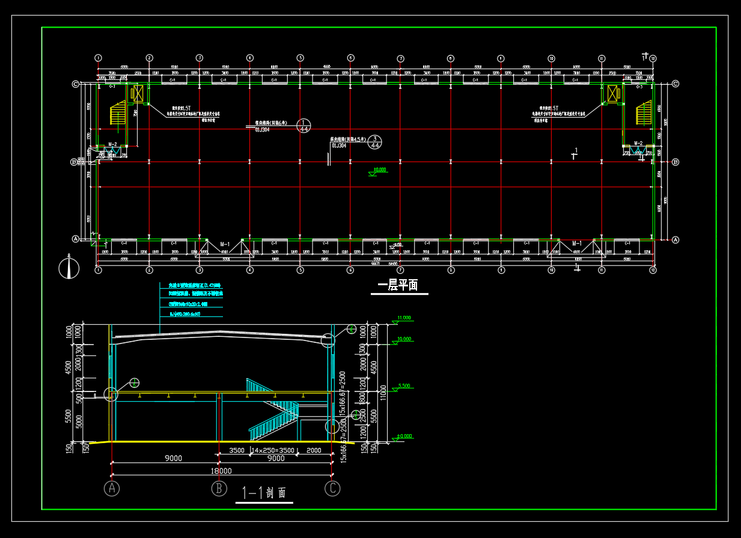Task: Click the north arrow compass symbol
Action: (x=69, y=268)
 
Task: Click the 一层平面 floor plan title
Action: (x=398, y=285)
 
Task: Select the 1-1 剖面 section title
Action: (x=264, y=494)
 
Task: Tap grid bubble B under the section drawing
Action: (x=219, y=488)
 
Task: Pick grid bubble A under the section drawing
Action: (x=112, y=488)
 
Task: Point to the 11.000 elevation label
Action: (x=404, y=318)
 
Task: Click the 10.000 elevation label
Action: (x=404, y=339)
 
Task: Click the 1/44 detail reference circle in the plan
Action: (x=304, y=125)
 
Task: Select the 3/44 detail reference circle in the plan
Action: (x=375, y=142)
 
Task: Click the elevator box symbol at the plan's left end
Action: (x=138, y=93)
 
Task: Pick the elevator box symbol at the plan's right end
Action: (x=612, y=93)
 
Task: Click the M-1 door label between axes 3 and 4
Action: (x=225, y=244)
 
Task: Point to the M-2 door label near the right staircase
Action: (x=638, y=144)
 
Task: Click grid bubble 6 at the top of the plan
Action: (x=350, y=58)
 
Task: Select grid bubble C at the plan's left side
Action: (x=76, y=84)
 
